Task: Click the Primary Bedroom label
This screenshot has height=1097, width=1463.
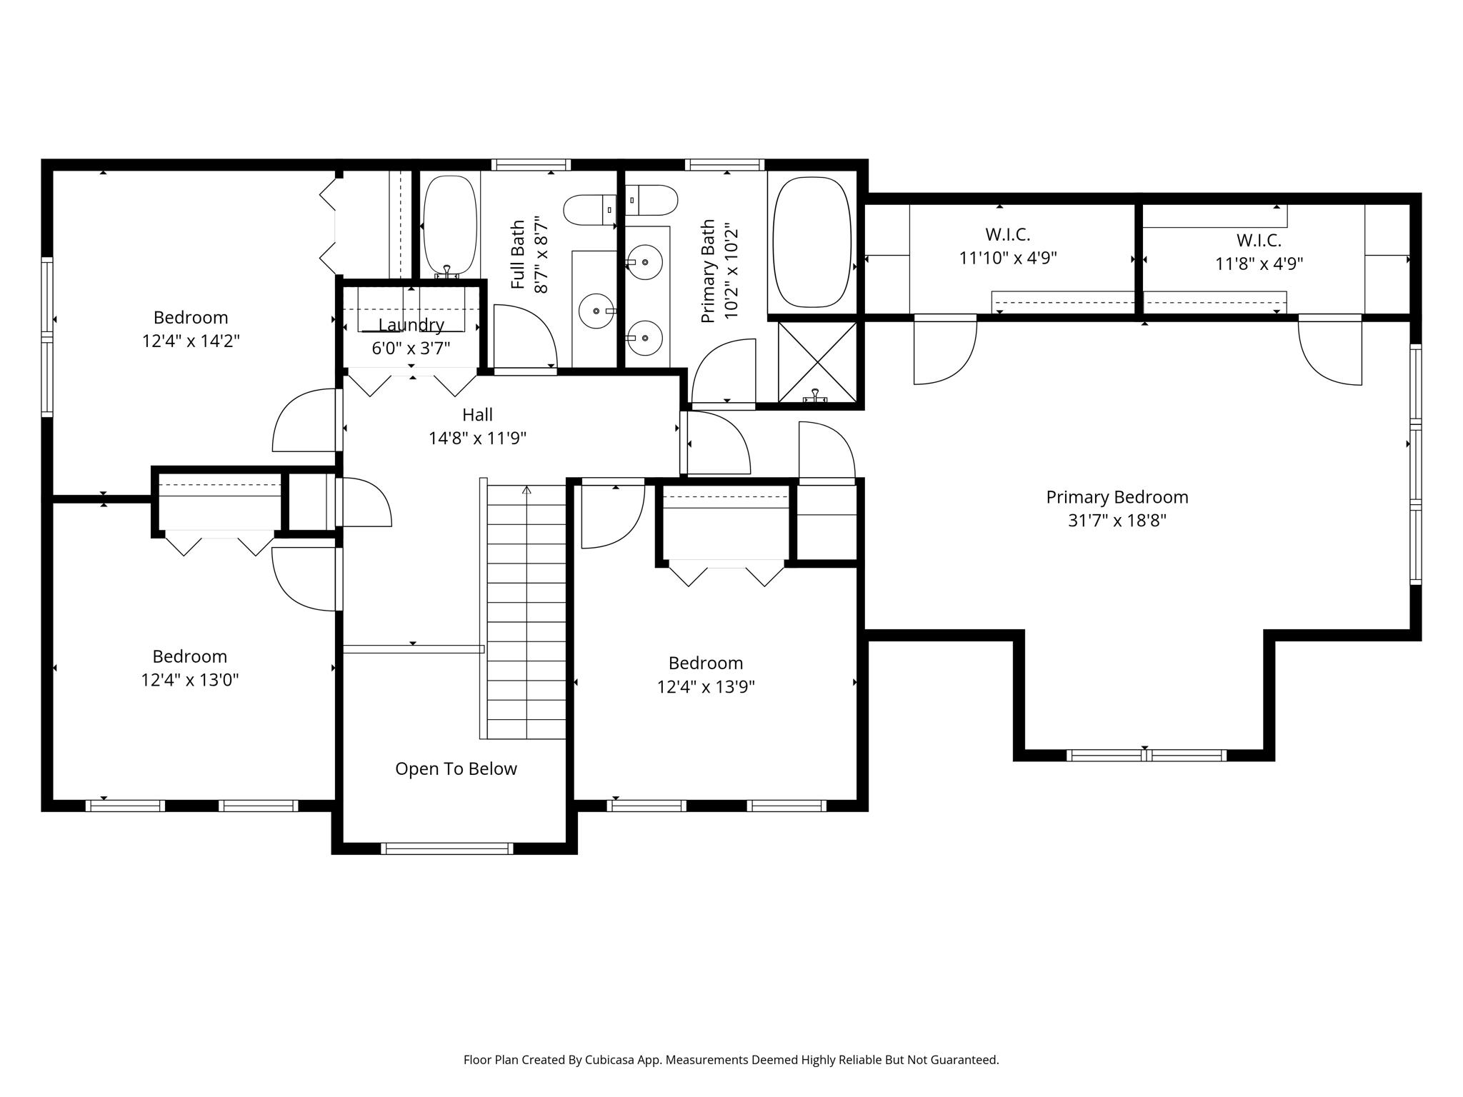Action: [1117, 497]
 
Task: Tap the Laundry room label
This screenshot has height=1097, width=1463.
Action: [411, 325]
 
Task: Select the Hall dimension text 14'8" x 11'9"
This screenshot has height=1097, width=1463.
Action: [477, 438]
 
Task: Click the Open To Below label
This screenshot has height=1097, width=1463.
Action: [456, 768]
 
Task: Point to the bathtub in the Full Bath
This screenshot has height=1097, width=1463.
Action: [450, 226]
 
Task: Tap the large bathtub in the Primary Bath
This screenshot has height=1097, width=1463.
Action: [812, 242]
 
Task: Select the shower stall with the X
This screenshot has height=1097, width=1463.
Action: [817, 361]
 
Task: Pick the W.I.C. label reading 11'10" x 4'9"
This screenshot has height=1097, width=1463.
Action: [1007, 246]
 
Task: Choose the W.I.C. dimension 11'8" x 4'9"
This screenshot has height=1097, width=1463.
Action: [1259, 264]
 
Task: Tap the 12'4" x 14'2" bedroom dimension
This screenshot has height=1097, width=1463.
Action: [191, 341]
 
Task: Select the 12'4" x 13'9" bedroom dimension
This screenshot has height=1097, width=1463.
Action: [706, 686]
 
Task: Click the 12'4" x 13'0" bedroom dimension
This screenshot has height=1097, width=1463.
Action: [190, 679]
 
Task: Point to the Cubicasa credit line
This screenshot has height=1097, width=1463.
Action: [731, 1060]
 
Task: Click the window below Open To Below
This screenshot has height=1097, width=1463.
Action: [446, 848]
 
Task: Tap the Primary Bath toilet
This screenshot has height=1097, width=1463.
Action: [651, 200]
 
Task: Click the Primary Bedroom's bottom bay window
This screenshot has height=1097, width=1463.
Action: [1147, 755]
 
